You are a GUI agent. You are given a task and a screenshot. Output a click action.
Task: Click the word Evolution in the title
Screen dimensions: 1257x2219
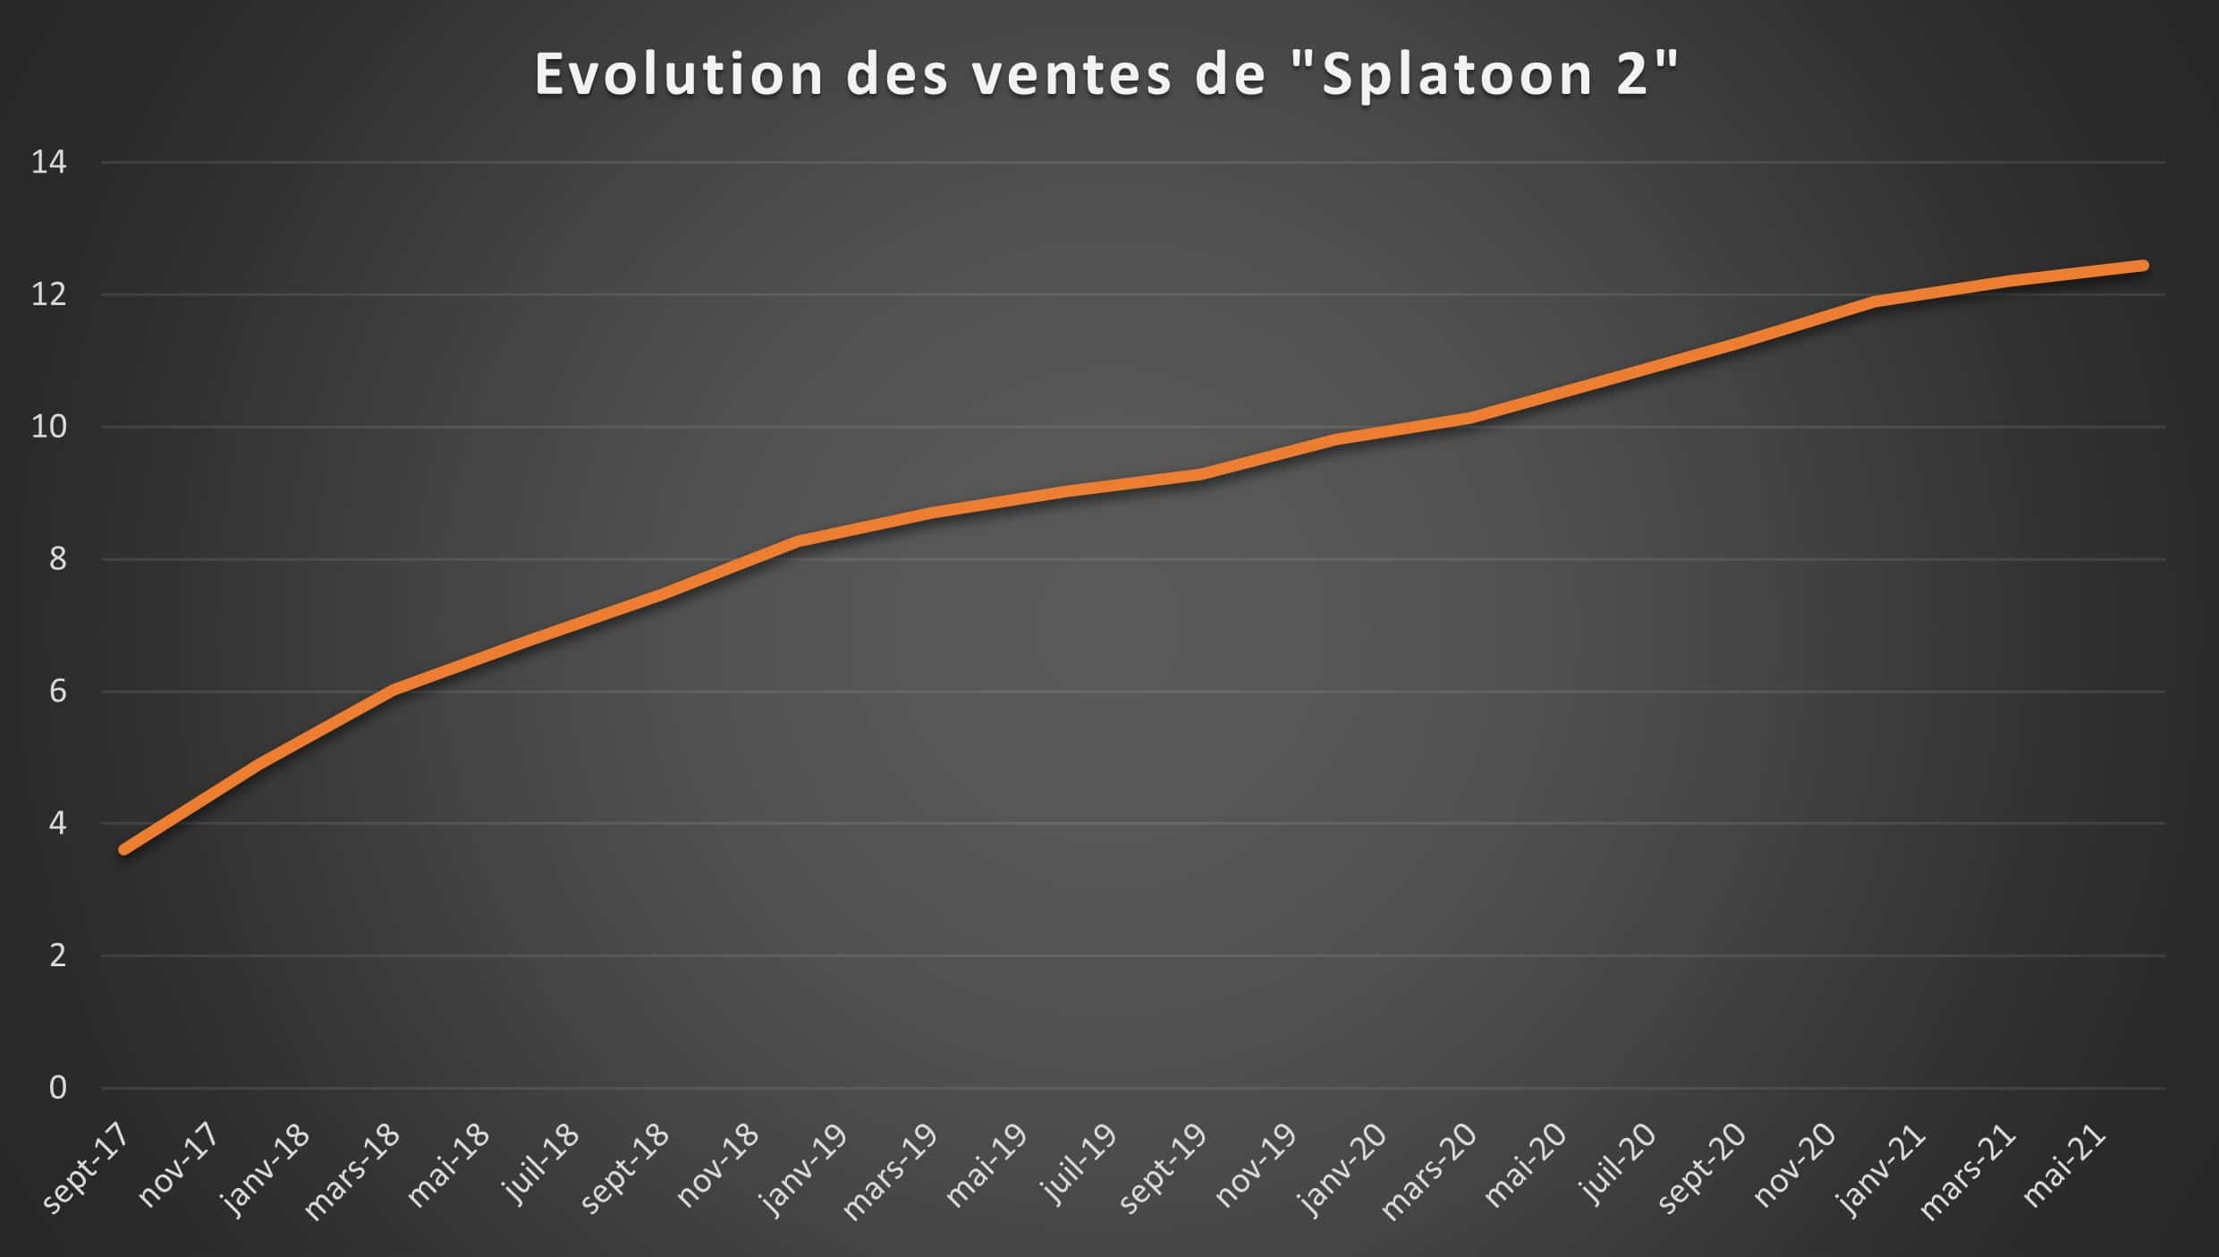[678, 74]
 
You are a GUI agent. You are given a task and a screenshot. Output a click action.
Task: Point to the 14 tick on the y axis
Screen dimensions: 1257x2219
[49, 163]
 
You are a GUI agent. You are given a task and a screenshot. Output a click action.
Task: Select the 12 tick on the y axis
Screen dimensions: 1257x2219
[49, 294]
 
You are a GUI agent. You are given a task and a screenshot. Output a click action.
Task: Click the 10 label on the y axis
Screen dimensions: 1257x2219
[49, 427]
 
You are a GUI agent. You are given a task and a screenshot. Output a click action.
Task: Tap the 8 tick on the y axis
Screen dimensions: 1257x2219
[57, 559]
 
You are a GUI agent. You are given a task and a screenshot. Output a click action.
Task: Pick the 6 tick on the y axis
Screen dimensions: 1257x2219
[57, 692]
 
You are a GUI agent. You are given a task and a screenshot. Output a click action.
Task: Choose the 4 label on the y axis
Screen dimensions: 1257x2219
[57, 823]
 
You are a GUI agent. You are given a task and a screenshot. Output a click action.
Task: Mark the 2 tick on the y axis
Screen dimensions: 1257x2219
[57, 955]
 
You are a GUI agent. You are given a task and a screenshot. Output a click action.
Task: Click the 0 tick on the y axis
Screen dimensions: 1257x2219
[57, 1088]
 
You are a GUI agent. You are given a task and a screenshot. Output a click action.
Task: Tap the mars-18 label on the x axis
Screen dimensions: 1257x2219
[353, 1172]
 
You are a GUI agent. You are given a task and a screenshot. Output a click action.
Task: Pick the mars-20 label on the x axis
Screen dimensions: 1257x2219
[1430, 1172]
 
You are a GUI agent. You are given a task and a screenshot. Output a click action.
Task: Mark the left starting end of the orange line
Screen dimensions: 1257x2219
[124, 849]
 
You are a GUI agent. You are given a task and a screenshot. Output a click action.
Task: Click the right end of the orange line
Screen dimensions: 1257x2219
[2143, 266]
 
